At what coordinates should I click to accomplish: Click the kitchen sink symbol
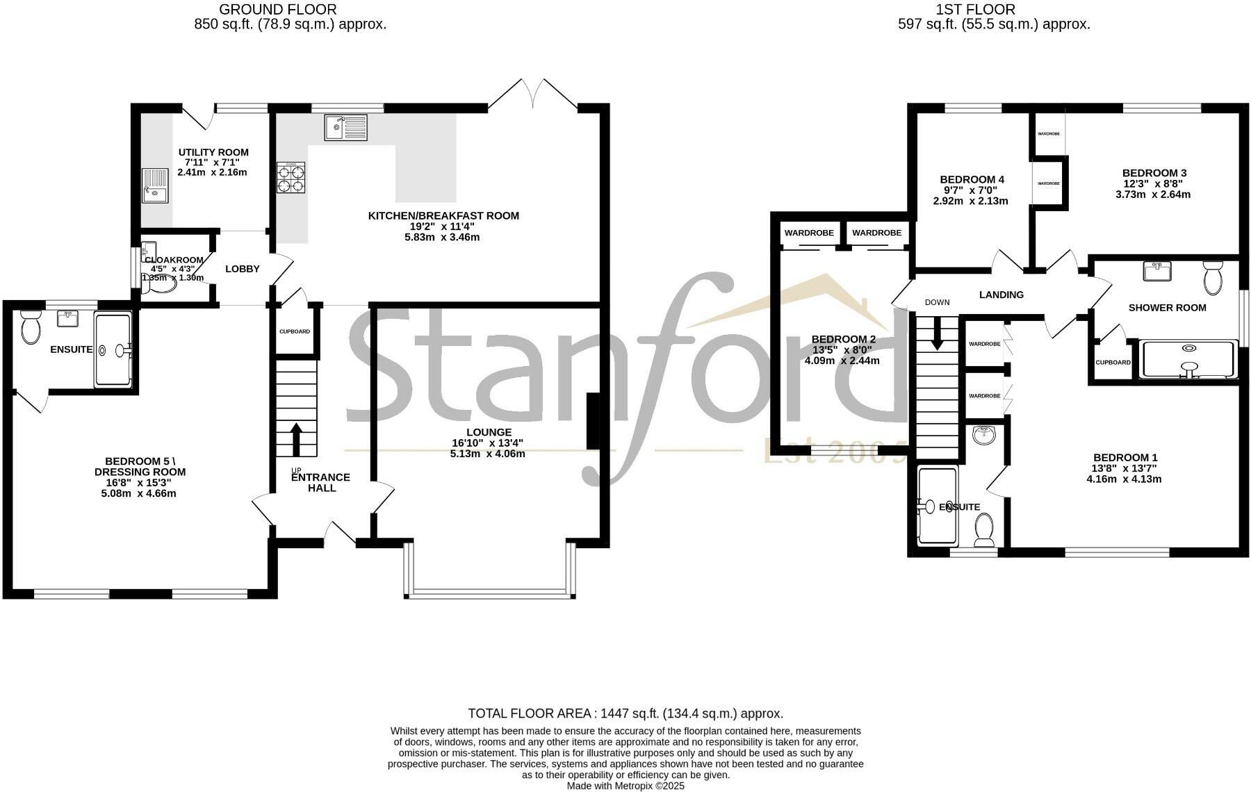[345, 127]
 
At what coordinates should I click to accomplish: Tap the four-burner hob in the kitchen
[291, 178]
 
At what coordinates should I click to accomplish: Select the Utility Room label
[213, 153]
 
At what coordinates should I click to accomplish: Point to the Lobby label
[243, 269]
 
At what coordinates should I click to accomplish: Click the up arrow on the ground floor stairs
[296, 438]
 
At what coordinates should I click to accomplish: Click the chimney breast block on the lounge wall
[594, 422]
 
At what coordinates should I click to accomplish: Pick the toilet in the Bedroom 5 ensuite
[31, 328]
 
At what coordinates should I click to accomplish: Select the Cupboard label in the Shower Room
[1113, 363]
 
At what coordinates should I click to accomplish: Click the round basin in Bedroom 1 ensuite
[984, 436]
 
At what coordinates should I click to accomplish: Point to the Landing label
[1001, 295]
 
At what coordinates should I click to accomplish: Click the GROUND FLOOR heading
[277, 10]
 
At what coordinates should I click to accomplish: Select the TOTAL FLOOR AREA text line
[625, 713]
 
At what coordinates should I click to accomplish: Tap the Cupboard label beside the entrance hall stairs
[295, 331]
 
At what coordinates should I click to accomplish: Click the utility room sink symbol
[155, 185]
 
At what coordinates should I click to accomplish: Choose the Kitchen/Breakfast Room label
[443, 216]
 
